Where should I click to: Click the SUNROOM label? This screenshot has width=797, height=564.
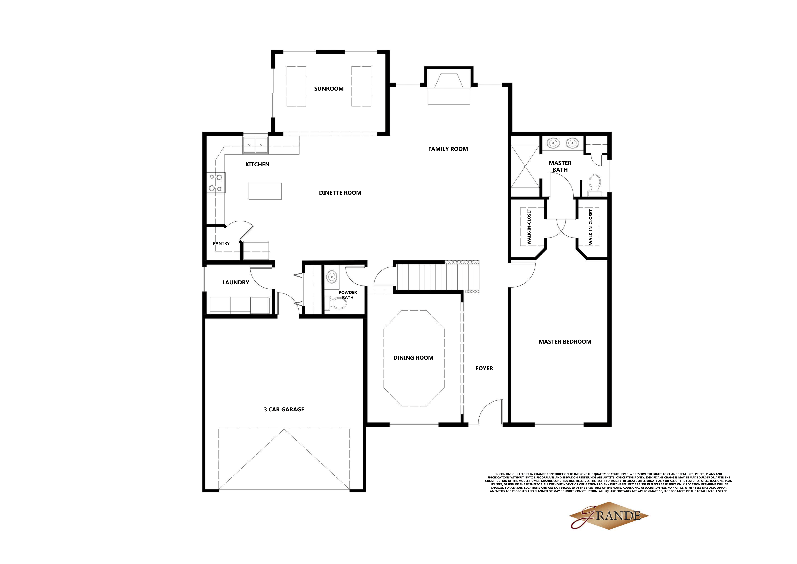point(329,88)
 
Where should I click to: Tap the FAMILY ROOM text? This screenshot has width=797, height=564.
point(448,149)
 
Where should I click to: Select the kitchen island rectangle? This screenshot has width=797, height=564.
point(265,191)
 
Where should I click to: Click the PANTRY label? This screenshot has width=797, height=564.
point(221,243)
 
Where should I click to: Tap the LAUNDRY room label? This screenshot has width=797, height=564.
point(236,282)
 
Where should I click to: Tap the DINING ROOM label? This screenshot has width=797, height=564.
point(413,358)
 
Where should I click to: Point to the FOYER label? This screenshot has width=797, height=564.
point(484,368)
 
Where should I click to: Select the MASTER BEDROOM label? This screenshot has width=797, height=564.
point(565,342)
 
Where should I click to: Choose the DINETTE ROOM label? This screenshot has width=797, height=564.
point(340,193)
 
